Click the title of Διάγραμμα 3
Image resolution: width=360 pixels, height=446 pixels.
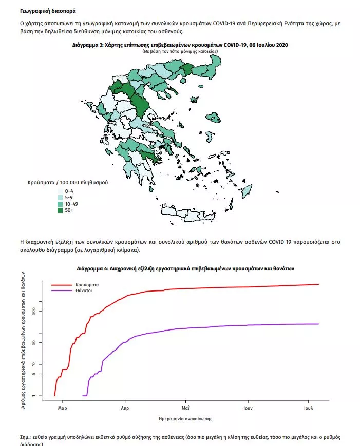[x=180, y=45]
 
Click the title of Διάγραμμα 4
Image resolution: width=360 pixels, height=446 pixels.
[x=185, y=268]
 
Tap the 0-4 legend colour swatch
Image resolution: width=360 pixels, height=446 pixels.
[x=60, y=191]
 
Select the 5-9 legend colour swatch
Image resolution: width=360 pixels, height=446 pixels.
[x=60, y=198]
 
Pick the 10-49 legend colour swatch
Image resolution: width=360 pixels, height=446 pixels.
[x=60, y=204]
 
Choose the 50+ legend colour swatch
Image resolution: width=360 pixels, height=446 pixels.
[x=60, y=210]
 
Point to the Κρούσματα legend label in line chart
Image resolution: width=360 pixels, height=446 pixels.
[x=87, y=284]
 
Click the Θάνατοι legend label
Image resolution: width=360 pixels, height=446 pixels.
[x=84, y=290]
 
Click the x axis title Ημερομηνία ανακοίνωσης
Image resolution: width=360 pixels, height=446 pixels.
[x=186, y=419]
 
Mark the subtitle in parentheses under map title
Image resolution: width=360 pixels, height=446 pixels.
[x=180, y=51]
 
